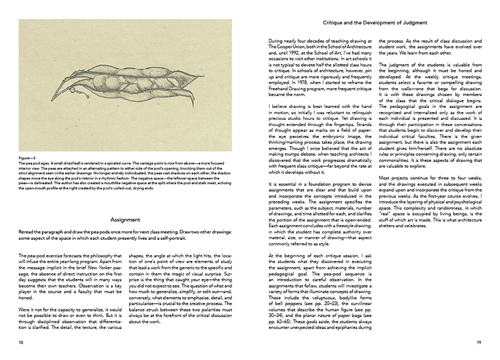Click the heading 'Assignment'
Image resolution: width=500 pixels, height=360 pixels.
pyautogui.click(x=126, y=220)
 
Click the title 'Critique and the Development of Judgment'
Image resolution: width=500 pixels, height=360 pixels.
pyautogui.click(x=375, y=23)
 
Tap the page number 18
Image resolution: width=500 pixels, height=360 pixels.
pyautogui.click(x=21, y=342)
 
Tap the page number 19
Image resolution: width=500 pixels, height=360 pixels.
pyautogui.click(x=479, y=342)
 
